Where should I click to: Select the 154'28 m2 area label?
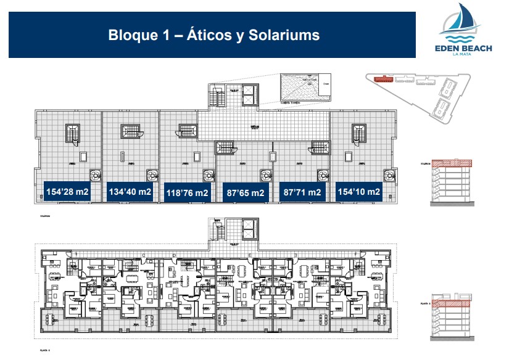pos(67,192)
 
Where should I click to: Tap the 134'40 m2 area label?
pos(130,192)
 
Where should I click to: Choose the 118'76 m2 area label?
pos(188,193)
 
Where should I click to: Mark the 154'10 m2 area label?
pos(358,192)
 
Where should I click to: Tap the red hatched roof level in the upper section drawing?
pos(453,163)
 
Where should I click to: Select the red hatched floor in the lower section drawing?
pos(453,303)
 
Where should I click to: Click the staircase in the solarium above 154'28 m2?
pos(73,133)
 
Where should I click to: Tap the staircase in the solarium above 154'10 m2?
pos(358,133)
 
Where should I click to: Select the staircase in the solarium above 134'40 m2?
pos(131,131)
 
